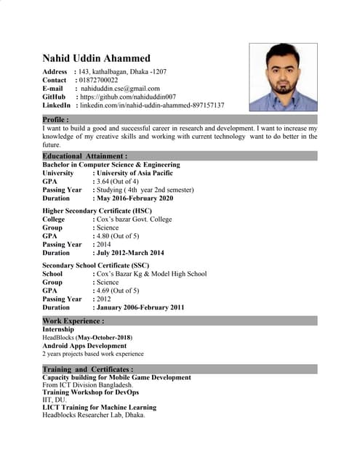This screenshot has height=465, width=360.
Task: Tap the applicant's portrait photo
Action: [283, 76]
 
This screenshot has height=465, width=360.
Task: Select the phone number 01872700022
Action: [108, 80]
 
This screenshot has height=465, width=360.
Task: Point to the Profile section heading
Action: [56, 119]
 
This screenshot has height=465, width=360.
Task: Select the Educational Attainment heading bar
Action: [85, 155]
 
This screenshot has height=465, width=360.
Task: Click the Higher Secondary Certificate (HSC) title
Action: [97, 211]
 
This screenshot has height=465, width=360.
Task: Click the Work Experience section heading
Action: [73, 320]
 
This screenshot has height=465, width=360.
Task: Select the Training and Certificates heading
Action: [87, 369]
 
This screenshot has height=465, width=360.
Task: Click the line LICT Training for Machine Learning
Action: [99, 408]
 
